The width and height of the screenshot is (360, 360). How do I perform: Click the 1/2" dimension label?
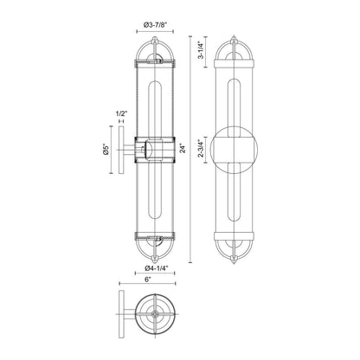[121, 113]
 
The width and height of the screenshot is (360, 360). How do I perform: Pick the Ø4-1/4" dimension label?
[155, 268]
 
